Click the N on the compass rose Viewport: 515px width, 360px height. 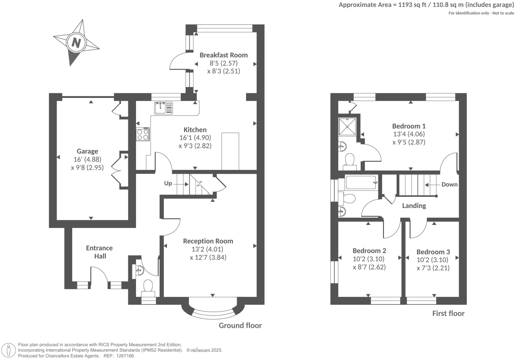coord(76,43)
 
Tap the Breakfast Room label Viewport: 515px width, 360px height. coord(224,55)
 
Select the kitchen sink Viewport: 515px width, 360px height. coord(163,108)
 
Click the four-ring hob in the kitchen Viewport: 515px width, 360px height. coord(143,134)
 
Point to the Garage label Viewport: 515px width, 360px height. coord(87,151)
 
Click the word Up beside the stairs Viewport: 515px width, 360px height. coord(168,183)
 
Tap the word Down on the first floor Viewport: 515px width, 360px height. coord(449,184)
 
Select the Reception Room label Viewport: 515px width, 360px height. coord(208,241)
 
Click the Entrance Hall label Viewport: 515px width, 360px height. coord(99,252)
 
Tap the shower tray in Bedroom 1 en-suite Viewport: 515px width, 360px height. coord(347,126)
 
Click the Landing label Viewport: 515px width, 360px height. coord(414,206)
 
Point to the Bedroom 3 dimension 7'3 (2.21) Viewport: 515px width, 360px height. coord(433,268)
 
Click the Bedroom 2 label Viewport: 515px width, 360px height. coord(369,251)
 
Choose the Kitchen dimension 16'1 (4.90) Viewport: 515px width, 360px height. coord(195,138)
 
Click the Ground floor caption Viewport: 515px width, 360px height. coord(240,325)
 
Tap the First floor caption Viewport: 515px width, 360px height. coord(448,314)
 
